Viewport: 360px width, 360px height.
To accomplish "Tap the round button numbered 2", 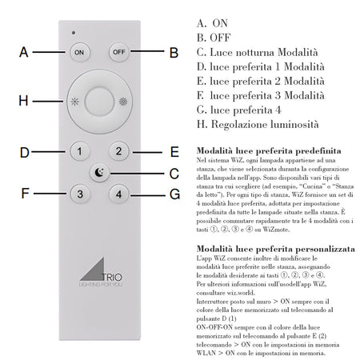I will pos(118,150).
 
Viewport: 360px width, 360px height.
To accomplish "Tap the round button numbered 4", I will pos(118,193).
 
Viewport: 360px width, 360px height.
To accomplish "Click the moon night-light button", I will pos(98,171).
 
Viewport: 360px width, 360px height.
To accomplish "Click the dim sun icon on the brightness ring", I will pos(74,103).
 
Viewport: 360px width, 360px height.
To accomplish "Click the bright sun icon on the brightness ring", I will pos(122,103).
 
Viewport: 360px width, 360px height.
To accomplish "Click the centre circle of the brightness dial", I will pos(98,102).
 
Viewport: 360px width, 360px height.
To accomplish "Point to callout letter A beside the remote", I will pos(24,52).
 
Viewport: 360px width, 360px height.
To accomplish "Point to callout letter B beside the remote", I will pos(173,52).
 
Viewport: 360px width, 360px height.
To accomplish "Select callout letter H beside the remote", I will pos(24,102).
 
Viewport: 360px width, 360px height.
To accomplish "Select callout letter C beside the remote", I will pos(173,172).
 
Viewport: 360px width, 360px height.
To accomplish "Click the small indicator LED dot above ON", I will pos(74,34).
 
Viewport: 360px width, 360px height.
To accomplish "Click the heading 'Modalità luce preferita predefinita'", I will pos(251,150).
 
